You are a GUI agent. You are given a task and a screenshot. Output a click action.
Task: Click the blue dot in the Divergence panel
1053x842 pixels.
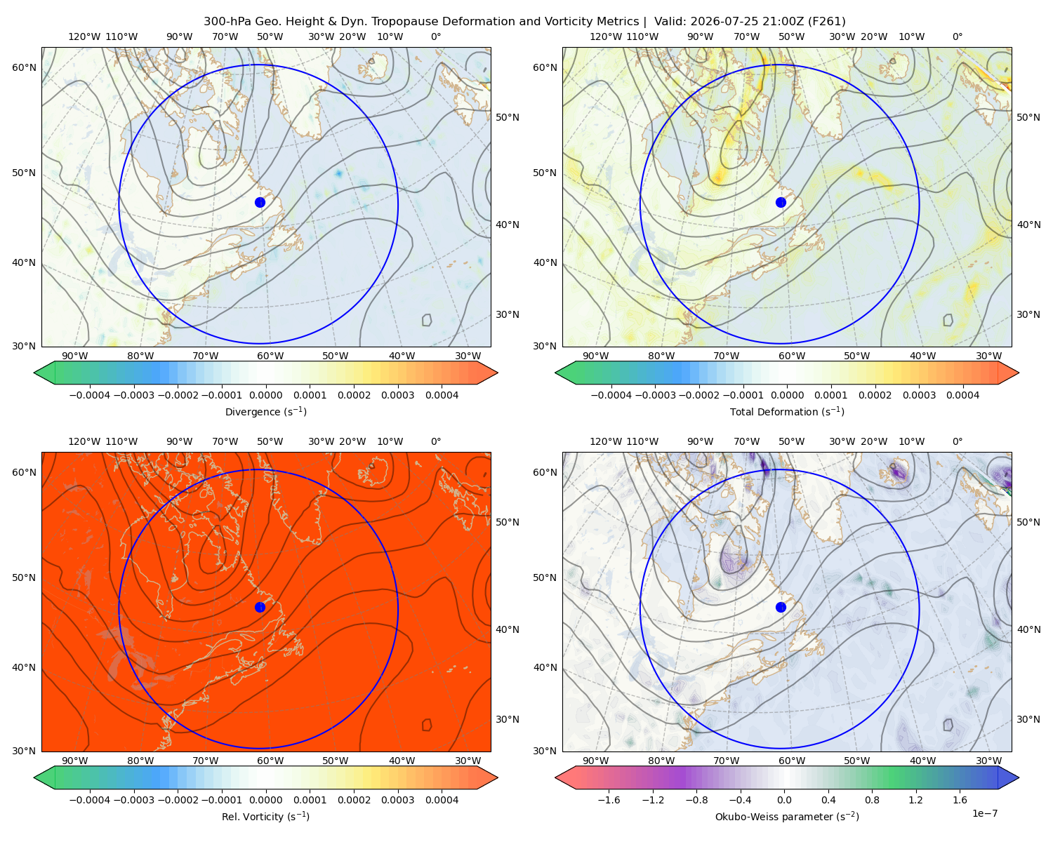click(x=260, y=202)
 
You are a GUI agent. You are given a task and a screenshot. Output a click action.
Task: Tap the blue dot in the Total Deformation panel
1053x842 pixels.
click(x=781, y=202)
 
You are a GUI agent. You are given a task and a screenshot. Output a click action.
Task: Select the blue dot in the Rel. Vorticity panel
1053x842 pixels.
click(x=260, y=607)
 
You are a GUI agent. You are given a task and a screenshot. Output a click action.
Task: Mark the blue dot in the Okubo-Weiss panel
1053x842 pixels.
click(x=781, y=607)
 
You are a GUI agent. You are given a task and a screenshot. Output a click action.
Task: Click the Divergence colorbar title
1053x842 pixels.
click(x=265, y=411)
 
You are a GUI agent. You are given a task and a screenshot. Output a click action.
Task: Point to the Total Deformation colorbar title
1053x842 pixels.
click(x=787, y=411)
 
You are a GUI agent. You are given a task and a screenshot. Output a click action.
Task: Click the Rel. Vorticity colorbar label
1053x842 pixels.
click(x=265, y=816)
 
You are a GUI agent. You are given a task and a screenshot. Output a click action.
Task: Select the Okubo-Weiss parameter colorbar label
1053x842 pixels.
click(x=787, y=816)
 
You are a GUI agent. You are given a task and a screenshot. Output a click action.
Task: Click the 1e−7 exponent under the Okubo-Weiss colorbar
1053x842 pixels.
click(x=984, y=813)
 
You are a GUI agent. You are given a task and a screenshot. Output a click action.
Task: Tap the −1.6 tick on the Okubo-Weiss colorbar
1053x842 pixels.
click(x=609, y=799)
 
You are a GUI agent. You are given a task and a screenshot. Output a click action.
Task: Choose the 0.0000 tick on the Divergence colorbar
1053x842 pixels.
click(x=265, y=395)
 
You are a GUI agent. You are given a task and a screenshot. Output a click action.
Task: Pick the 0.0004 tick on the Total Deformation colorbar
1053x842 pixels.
click(x=962, y=395)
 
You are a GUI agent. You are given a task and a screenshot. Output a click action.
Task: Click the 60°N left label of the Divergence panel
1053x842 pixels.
click(x=24, y=67)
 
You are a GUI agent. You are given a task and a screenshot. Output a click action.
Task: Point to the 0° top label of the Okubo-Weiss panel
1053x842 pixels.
click(x=957, y=36)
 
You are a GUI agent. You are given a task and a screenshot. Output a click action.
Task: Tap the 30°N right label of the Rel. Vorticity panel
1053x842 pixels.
click(x=508, y=719)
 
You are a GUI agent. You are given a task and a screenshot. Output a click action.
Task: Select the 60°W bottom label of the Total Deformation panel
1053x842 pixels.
click(x=792, y=356)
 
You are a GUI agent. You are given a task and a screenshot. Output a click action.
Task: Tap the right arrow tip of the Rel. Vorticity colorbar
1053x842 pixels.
click(x=498, y=777)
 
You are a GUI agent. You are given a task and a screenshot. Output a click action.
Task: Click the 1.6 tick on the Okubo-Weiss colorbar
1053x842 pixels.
click(x=960, y=799)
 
